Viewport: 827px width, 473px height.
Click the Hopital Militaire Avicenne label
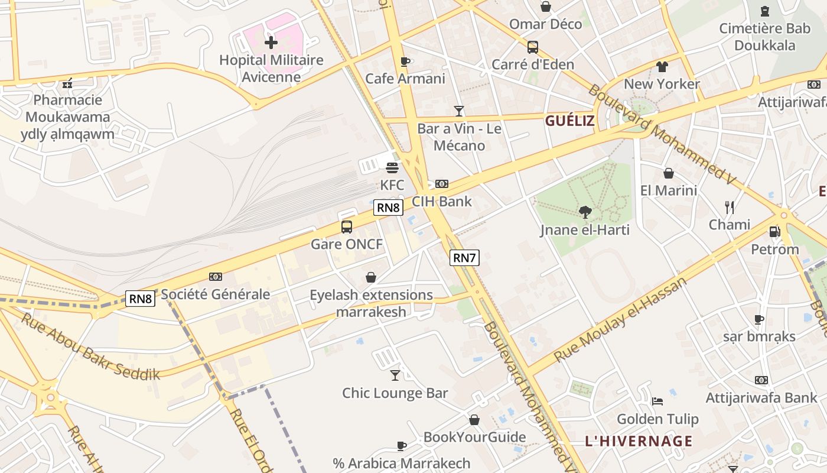pos(271,68)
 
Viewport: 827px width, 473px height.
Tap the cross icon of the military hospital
pos(271,43)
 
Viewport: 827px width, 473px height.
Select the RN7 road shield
pos(464,258)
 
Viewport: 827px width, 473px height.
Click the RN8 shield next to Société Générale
pos(141,299)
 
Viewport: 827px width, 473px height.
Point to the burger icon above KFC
pos(392,168)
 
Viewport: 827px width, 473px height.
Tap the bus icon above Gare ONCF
pos(347,227)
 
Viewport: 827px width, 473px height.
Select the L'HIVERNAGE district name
pos(639,441)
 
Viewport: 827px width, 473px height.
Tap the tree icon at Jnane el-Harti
pos(585,212)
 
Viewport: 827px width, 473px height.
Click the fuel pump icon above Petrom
pos(775,232)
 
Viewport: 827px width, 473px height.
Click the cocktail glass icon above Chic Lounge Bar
pos(395,375)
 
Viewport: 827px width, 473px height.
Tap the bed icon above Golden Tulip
pos(657,401)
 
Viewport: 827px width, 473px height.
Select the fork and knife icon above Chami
pos(730,207)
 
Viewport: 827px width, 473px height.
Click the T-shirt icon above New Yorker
pos(662,67)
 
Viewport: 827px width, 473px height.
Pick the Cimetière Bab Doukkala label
pos(765,37)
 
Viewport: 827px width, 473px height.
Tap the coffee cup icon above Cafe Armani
pos(405,61)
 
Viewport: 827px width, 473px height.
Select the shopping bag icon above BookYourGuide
pos(474,420)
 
